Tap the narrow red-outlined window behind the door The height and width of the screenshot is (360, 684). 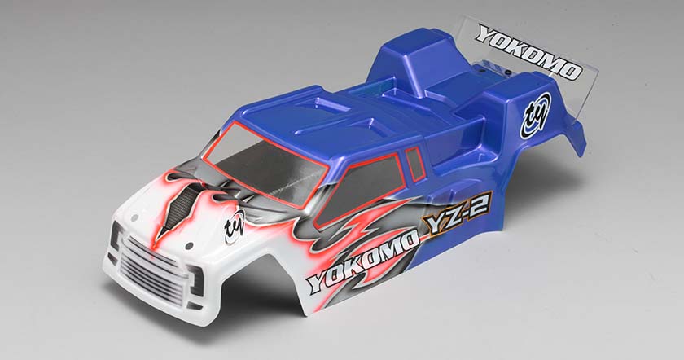[415, 163]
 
